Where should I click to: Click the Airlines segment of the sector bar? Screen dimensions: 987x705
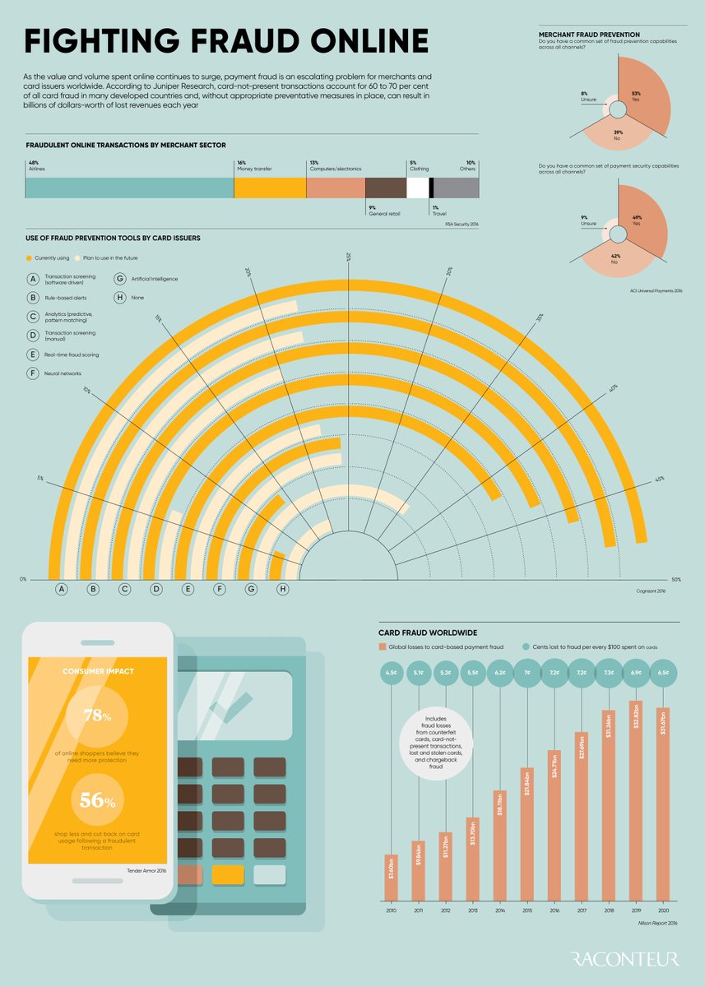click(x=129, y=188)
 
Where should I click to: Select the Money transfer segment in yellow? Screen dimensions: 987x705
click(x=270, y=188)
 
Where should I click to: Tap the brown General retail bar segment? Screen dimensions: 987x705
click(x=385, y=188)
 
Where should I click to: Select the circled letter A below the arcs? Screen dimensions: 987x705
click(x=61, y=589)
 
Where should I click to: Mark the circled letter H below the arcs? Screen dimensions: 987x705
click(x=283, y=589)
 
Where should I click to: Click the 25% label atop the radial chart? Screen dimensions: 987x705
click(x=348, y=257)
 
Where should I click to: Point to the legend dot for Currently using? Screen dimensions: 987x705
click(x=30, y=258)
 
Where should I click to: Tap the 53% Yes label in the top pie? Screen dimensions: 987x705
click(x=637, y=95)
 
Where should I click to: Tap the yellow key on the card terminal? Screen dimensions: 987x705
click(x=228, y=875)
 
